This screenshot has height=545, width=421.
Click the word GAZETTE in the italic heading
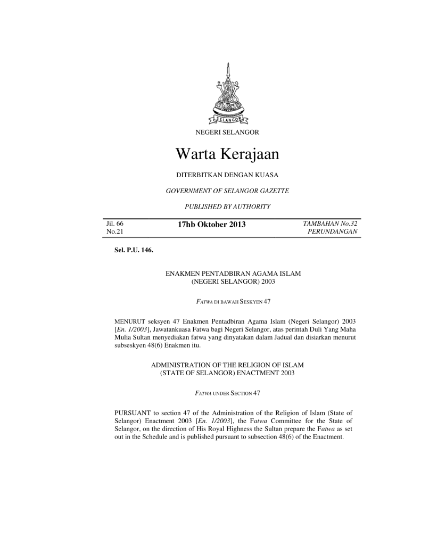pos(273,191)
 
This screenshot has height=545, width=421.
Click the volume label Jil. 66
pos(115,224)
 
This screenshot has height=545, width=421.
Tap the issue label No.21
pos(114,233)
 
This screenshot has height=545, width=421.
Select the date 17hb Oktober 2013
pos(211,225)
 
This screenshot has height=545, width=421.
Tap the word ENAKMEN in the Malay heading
pos(181,274)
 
